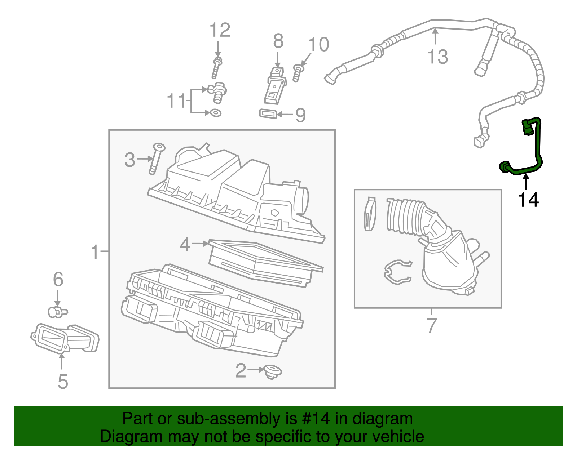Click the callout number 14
(x=528, y=200)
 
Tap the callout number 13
(x=437, y=57)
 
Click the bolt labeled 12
(x=216, y=68)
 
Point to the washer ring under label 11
(x=216, y=113)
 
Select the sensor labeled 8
(x=276, y=85)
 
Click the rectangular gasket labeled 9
(x=268, y=114)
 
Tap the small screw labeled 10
(x=297, y=73)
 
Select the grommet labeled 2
(x=272, y=371)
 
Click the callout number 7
(x=431, y=325)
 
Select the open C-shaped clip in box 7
(x=397, y=272)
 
